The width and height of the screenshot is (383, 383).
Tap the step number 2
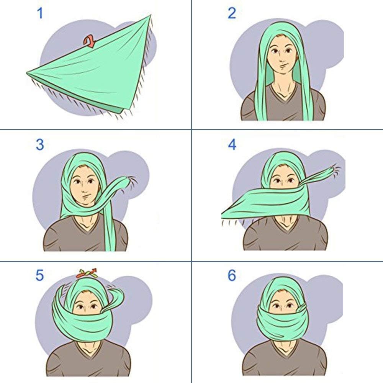click(232, 13)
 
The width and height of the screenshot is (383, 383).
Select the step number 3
click(40, 145)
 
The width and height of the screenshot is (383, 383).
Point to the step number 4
click(232, 145)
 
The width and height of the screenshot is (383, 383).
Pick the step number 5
click(39, 275)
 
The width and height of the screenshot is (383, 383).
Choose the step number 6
click(232, 275)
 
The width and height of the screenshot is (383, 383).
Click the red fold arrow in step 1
click(89, 41)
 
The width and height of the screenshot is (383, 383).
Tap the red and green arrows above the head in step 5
click(87, 273)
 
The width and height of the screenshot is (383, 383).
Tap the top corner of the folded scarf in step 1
click(151, 15)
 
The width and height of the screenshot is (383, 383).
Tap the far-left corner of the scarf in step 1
click(27, 73)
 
